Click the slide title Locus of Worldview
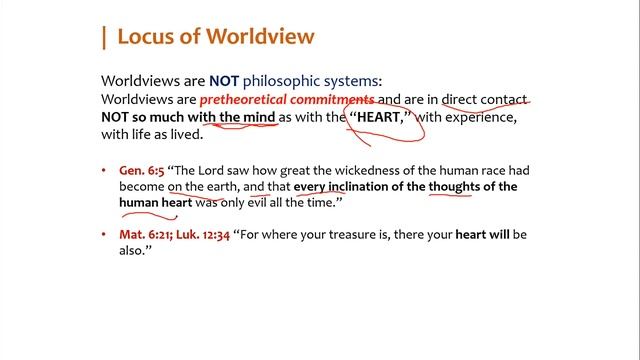(x=215, y=37)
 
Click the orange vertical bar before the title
(x=103, y=38)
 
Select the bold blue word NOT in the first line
(x=225, y=81)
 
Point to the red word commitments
(x=330, y=100)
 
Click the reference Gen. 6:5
(x=141, y=171)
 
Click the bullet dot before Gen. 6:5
(x=106, y=171)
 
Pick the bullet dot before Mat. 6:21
(x=106, y=234)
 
